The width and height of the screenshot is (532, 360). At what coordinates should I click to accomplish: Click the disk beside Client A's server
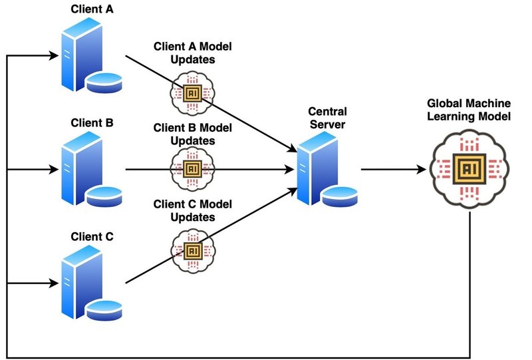tap(105, 81)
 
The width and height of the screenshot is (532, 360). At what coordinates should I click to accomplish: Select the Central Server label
tap(327, 118)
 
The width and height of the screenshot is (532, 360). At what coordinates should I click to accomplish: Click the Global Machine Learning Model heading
tap(469, 110)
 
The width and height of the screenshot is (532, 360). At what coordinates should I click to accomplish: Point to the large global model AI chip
tap(469, 170)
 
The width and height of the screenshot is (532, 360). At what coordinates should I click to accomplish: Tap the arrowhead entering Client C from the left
tap(53, 283)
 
